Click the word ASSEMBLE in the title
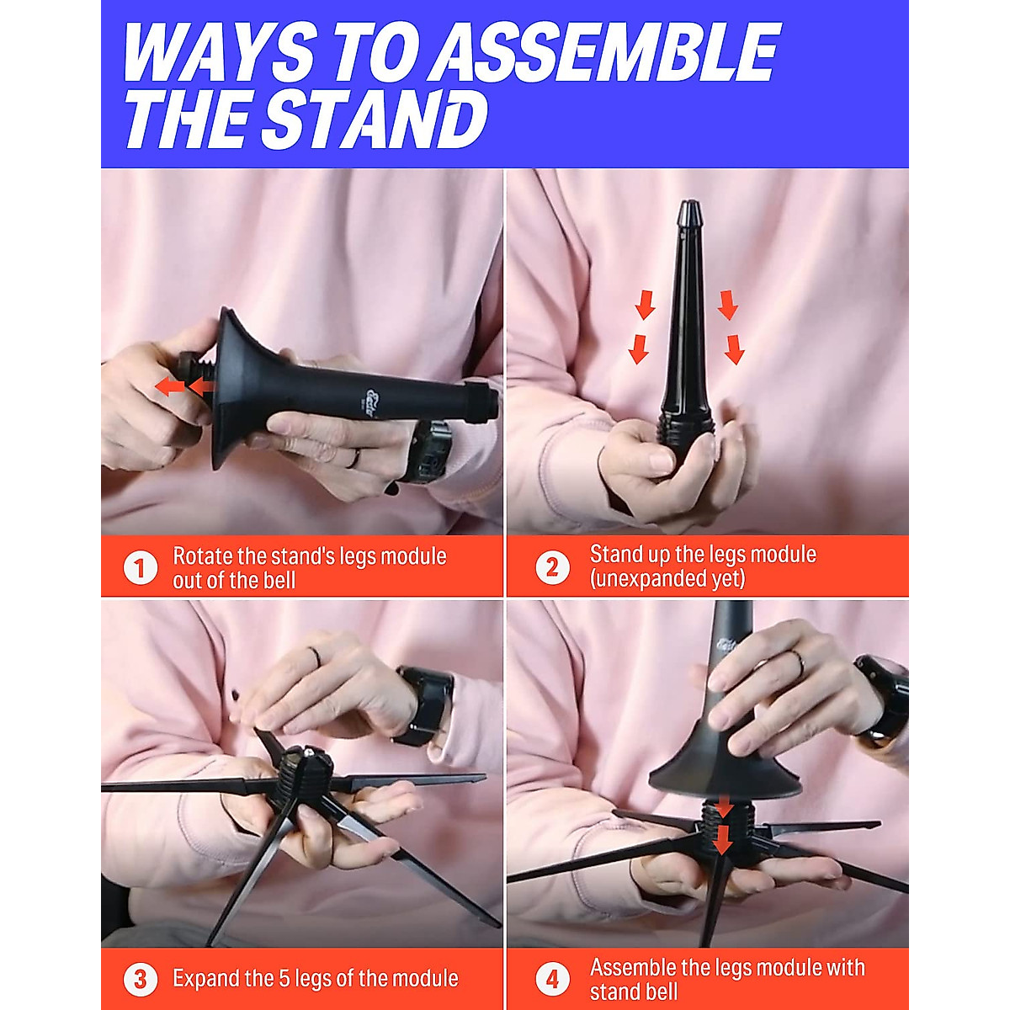(x=608, y=52)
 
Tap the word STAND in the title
(x=376, y=119)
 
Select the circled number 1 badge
(x=140, y=568)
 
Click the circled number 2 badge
(x=551, y=567)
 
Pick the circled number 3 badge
(x=140, y=980)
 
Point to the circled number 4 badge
(x=551, y=980)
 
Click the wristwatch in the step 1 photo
(x=428, y=450)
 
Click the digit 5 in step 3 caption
(x=284, y=979)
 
